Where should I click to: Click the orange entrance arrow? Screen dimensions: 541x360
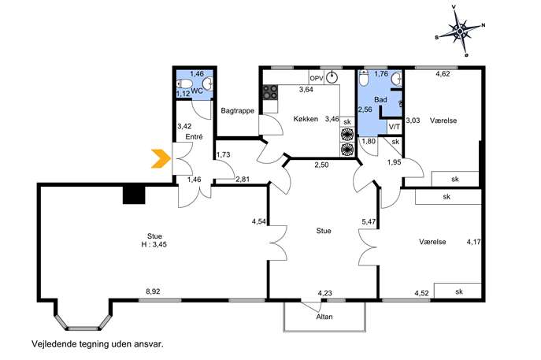[161, 159]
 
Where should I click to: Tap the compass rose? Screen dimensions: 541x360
[460, 32]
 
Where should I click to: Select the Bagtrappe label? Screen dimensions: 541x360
[237, 111]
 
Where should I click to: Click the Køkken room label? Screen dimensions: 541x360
[306, 119]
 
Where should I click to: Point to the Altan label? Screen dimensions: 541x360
[324, 317]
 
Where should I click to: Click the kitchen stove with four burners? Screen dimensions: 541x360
[270, 92]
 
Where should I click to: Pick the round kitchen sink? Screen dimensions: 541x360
[332, 77]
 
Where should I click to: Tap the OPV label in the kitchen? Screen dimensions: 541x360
[317, 78]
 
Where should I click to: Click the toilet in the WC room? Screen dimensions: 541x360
[184, 84]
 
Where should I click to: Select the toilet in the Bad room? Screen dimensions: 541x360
[364, 78]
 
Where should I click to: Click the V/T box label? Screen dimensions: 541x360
[395, 127]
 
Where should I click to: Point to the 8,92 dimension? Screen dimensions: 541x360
[153, 291]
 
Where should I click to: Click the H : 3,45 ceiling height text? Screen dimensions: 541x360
[154, 244]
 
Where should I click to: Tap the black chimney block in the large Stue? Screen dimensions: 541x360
[134, 195]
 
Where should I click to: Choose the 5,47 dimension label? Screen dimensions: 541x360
[369, 222]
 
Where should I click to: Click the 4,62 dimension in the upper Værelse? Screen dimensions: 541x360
[443, 73]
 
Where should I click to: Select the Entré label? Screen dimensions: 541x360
[194, 137]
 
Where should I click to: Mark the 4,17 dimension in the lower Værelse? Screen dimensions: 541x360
[474, 242]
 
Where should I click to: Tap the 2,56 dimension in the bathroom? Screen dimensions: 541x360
[365, 109]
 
